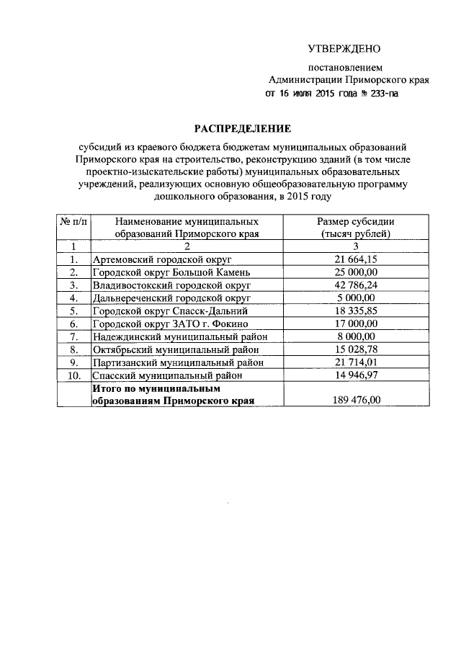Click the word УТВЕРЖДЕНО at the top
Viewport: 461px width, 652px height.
click(x=344, y=49)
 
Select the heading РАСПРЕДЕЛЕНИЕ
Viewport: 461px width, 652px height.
click(x=231, y=128)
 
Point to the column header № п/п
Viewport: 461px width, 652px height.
click(x=73, y=221)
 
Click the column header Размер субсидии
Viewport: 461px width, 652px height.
click(x=356, y=221)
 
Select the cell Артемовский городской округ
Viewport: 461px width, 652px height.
click(x=162, y=259)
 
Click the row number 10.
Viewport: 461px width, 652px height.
click(x=73, y=375)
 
